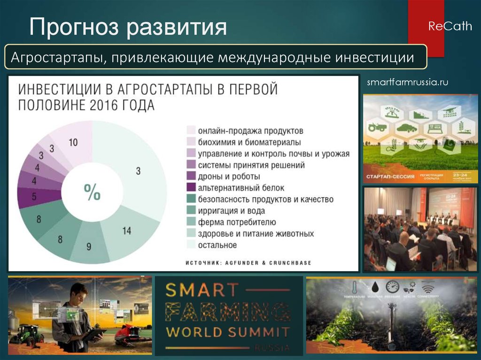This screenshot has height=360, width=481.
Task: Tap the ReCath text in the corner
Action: (x=450, y=26)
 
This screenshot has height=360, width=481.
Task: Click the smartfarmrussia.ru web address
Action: (x=407, y=83)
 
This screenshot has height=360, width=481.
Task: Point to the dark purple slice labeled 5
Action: (x=34, y=197)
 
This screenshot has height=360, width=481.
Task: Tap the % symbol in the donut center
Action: (x=92, y=192)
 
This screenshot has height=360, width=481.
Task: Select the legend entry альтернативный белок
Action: (x=241, y=188)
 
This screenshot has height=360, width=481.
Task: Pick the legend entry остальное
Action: (x=217, y=245)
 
